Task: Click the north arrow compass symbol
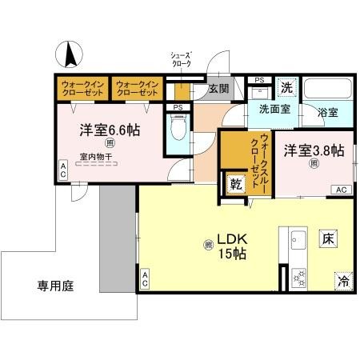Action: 70,54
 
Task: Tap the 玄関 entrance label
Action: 219,89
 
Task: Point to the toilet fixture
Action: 178,128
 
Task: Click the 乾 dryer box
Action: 236,185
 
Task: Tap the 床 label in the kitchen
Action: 328,238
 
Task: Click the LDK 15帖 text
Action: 226,245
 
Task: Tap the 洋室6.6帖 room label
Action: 109,129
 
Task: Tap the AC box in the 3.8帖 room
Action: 339,190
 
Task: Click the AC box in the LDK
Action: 146,280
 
